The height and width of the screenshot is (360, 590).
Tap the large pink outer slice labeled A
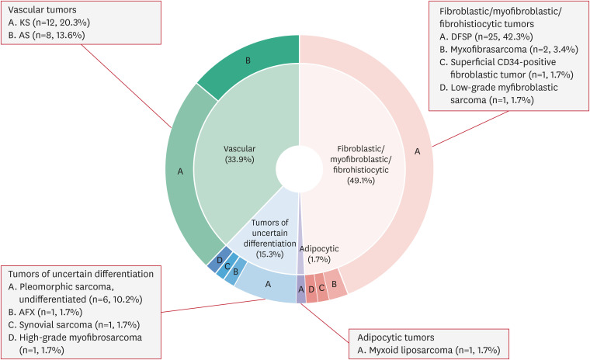(x=417, y=152)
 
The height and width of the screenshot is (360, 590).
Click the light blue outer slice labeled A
(x=269, y=284)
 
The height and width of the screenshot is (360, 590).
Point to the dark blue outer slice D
(x=221, y=261)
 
